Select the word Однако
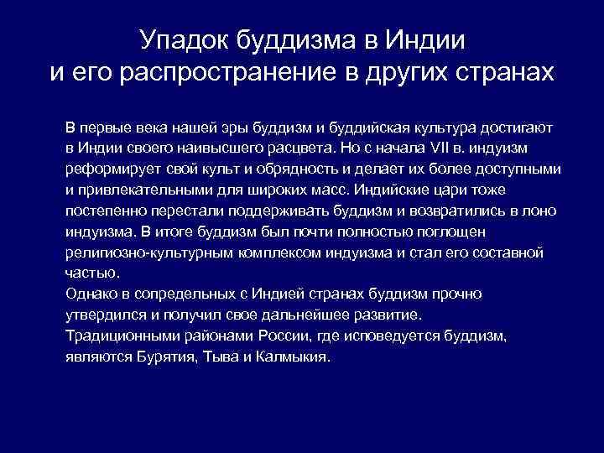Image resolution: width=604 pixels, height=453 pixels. (x=91, y=294)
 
